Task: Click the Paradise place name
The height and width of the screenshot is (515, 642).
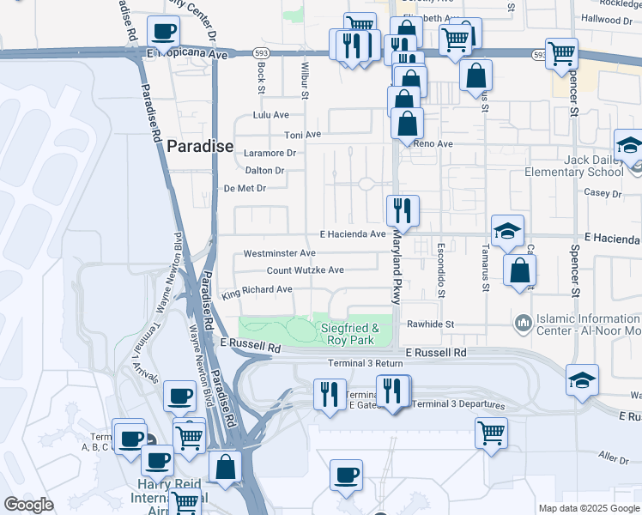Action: tap(199, 147)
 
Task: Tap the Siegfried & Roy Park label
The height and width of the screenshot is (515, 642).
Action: tap(350, 334)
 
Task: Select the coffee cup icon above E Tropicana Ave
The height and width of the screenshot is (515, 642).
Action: tap(163, 32)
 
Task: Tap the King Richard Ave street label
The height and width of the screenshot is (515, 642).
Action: tap(257, 291)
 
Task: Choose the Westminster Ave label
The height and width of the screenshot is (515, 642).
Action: tap(280, 254)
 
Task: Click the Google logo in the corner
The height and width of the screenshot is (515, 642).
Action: tap(29, 505)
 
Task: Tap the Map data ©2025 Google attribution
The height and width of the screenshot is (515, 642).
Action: tap(588, 508)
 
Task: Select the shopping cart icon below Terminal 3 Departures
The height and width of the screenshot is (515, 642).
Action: tap(491, 432)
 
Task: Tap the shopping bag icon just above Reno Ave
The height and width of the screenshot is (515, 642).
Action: tap(408, 124)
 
